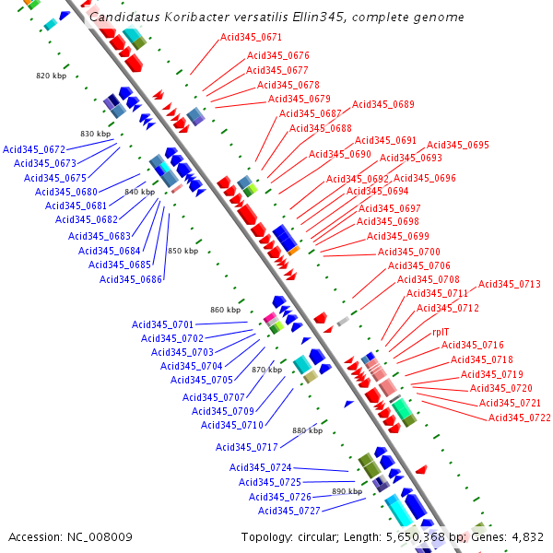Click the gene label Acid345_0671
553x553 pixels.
click(252, 38)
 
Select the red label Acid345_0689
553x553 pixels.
click(383, 105)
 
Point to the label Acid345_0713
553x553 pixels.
click(510, 285)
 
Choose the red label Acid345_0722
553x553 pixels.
click(520, 418)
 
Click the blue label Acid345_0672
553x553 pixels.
click(34, 149)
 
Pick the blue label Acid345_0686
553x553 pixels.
click(131, 280)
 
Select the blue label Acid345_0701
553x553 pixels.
click(162, 325)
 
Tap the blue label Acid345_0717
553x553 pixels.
click(247, 448)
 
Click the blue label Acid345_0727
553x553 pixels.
click(289, 512)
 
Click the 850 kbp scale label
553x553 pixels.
click(182, 251)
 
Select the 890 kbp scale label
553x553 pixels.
click(347, 492)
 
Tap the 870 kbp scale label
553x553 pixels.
click(266, 370)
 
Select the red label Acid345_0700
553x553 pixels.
click(409, 253)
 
